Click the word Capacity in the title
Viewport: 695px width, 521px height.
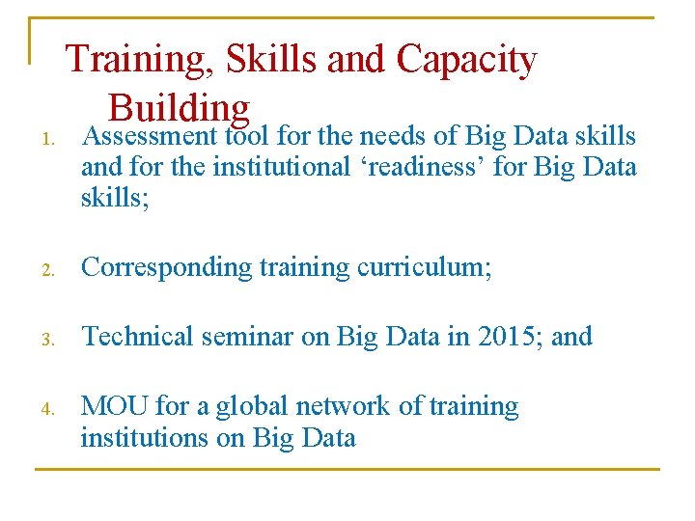(x=466, y=60)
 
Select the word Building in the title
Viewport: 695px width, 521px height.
(x=179, y=106)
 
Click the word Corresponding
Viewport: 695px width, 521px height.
(x=167, y=267)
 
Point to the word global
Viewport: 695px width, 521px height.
(x=255, y=406)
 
